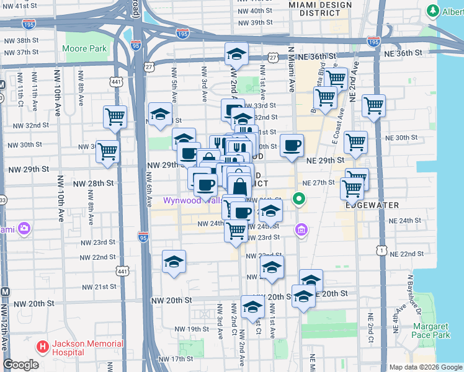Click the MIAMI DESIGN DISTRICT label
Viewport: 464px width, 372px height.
[x=320, y=9]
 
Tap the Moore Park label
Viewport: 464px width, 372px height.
[x=85, y=48]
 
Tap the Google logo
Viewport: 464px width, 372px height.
[x=21, y=365]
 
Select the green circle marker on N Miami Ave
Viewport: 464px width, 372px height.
[x=299, y=199]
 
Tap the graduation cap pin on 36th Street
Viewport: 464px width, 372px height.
[x=236, y=56]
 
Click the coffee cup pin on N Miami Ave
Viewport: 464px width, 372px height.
[x=292, y=147]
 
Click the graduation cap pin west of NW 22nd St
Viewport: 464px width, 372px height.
[x=174, y=262]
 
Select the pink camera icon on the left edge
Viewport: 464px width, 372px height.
[x=24, y=229]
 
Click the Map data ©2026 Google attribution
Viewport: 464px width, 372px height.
[x=426, y=367]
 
